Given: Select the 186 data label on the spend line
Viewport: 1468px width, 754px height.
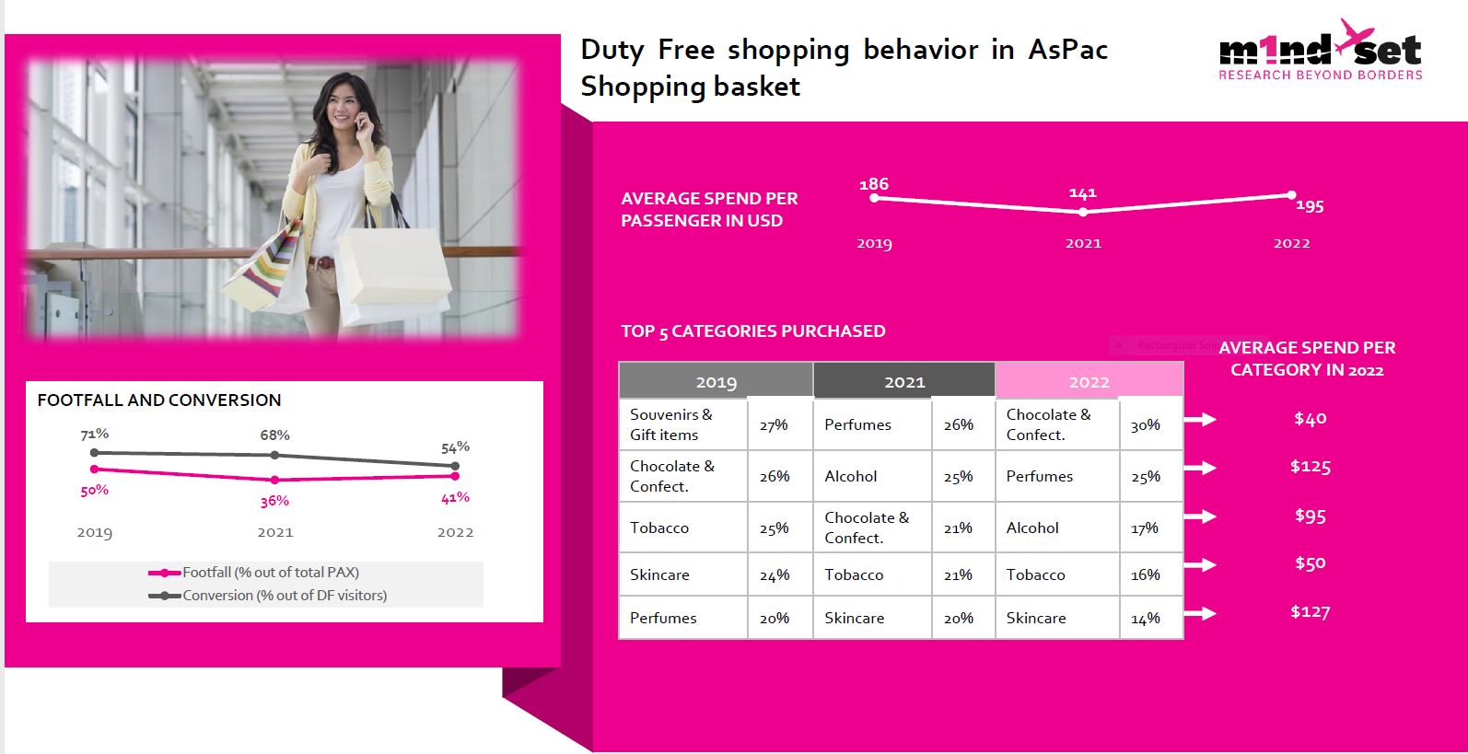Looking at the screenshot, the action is [x=874, y=184].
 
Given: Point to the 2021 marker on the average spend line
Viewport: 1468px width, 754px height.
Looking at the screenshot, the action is [x=1083, y=212].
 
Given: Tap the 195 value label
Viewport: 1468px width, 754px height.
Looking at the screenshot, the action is [x=1310, y=205].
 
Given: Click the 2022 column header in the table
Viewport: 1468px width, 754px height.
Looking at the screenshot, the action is [x=1089, y=381].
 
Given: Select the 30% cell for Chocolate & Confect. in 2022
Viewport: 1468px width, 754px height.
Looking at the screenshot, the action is [x=1145, y=425].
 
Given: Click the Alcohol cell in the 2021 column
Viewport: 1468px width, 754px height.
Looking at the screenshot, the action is [x=851, y=476].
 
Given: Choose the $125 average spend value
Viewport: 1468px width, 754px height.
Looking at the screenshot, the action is [x=1311, y=467].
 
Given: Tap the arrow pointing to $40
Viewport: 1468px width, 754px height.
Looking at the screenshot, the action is [x=1200, y=419].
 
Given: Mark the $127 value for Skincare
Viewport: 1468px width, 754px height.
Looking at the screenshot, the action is [x=1311, y=611].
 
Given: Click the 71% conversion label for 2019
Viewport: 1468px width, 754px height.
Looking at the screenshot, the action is [x=94, y=434].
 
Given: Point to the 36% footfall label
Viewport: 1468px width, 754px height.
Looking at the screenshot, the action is [x=274, y=501].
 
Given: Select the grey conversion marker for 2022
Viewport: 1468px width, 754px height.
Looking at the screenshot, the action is [x=456, y=466].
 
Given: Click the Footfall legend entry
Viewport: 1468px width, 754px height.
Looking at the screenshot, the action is [x=253, y=573].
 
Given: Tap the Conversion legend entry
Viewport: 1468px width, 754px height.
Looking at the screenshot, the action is [x=267, y=596].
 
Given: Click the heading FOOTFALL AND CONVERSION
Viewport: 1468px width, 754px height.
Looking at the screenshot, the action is [x=159, y=400].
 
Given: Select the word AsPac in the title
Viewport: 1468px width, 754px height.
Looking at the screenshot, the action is [x=1067, y=50].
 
